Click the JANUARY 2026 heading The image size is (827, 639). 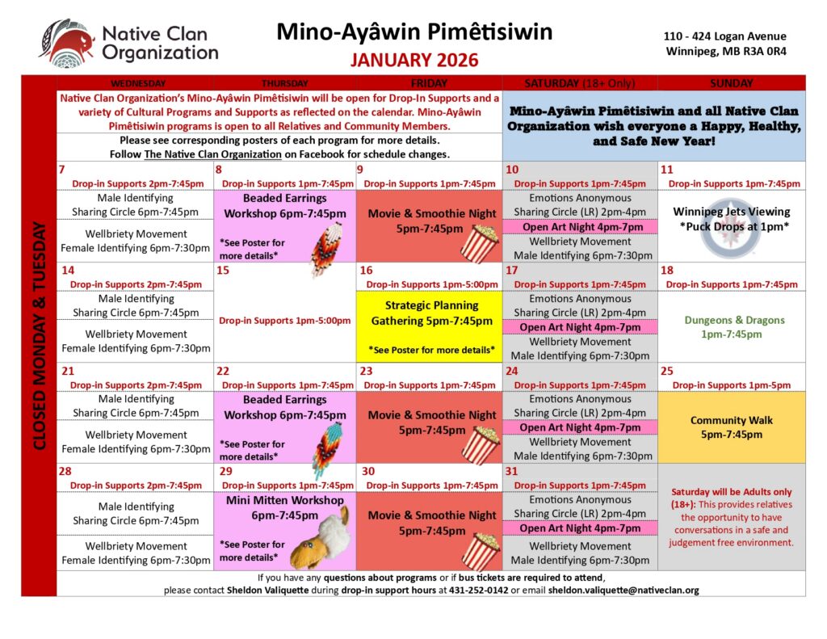414,61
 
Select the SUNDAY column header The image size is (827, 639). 731,82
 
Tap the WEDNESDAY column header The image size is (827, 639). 138,82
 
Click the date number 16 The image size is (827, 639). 367,271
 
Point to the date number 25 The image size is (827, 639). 667,371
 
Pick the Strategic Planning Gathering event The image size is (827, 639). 431,313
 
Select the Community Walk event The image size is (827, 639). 731,427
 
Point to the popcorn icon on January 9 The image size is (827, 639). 481,244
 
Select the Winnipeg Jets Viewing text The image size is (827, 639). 730,211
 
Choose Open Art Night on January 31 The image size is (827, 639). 580,528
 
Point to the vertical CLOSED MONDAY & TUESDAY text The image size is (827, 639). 39,335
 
